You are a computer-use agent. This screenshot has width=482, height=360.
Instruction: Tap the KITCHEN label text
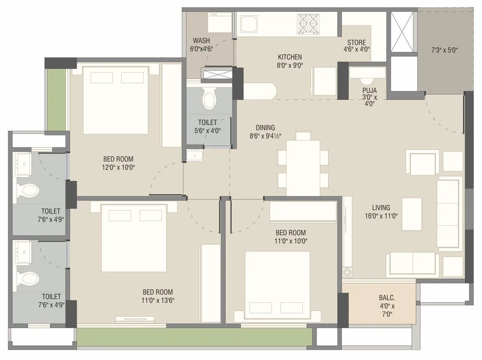[x=290, y=57]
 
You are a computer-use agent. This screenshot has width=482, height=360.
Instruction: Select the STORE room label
[x=356, y=43]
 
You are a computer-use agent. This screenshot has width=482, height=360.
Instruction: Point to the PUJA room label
[x=369, y=90]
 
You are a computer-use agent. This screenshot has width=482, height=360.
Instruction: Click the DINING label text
[x=265, y=128]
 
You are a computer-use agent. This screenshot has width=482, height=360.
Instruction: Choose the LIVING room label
[x=381, y=207]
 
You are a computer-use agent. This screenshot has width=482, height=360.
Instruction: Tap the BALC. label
[x=387, y=298]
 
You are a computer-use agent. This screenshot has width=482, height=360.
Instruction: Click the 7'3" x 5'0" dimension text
[x=444, y=51]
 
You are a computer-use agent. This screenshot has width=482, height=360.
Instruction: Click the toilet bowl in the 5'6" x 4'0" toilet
[x=209, y=99]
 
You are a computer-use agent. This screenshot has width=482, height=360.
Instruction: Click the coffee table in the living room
[x=412, y=214]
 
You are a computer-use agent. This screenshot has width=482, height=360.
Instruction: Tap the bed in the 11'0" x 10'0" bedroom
[x=277, y=283]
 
